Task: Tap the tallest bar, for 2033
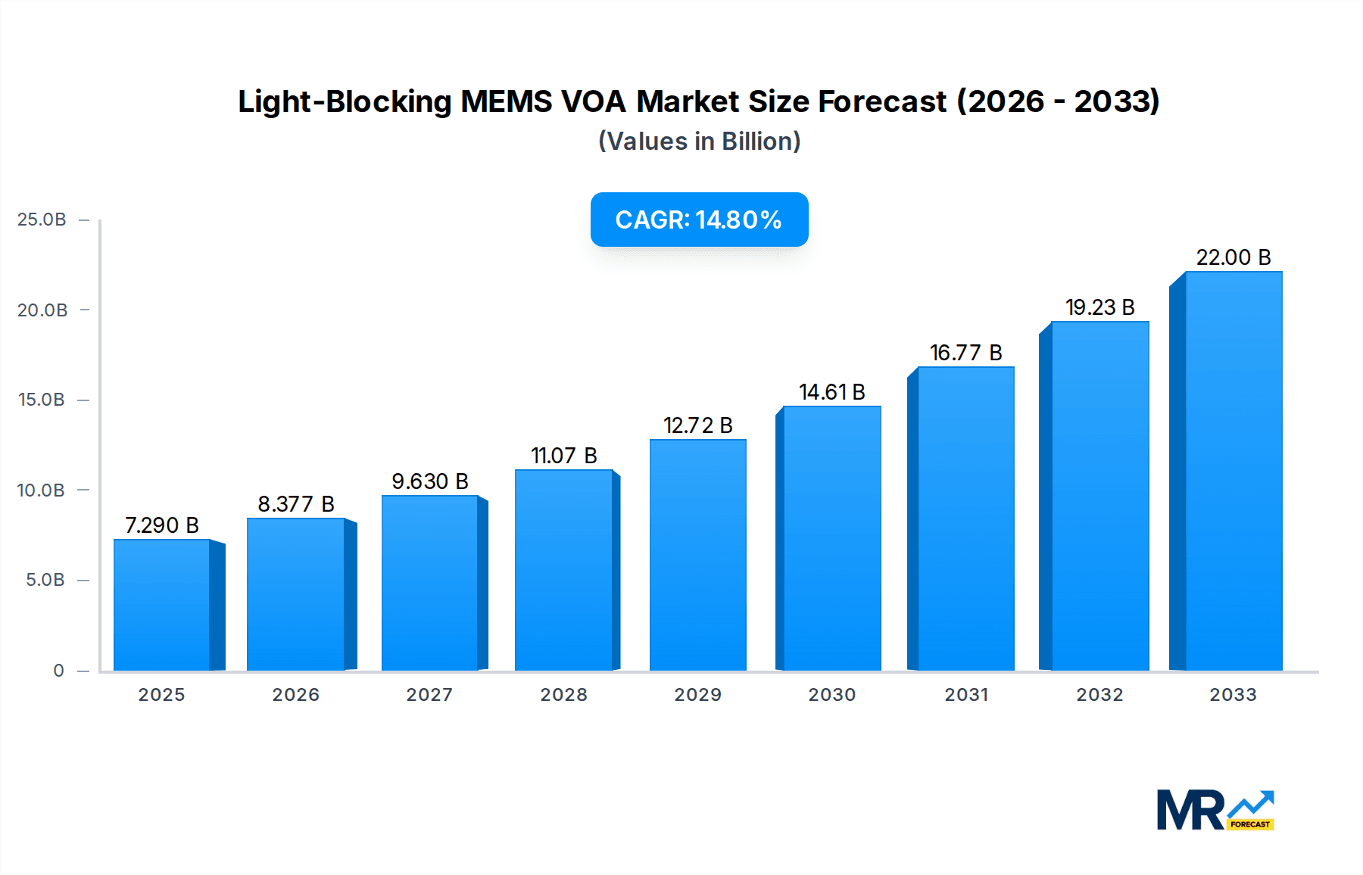point(1233,471)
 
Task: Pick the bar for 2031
point(965,518)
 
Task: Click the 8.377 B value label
point(296,504)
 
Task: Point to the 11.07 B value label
point(564,456)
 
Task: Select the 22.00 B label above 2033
point(1233,257)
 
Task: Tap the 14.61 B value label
point(831,392)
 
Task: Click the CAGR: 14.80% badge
point(699,220)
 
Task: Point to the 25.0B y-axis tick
point(42,220)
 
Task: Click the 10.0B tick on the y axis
point(42,490)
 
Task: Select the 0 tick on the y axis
point(58,671)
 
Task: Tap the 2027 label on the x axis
point(429,695)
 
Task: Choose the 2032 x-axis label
point(1099,695)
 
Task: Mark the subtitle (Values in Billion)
point(699,142)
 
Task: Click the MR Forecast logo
point(1215,811)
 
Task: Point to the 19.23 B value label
point(1099,307)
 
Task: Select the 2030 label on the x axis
point(831,695)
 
